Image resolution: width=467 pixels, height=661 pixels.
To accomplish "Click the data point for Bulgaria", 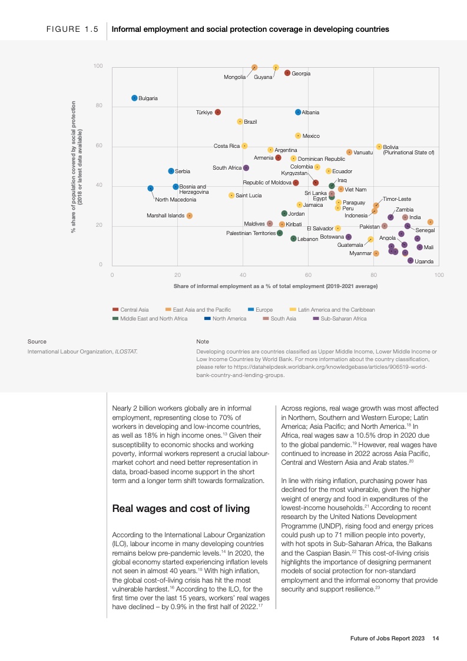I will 134,98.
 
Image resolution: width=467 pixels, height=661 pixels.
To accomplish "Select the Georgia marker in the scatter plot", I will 287,73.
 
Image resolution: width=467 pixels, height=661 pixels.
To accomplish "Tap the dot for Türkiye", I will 218,112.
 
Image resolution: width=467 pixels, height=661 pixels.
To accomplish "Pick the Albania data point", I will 298,112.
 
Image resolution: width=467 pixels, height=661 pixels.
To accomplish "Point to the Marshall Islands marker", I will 190,216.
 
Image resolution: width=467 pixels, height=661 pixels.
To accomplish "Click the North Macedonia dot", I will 150,189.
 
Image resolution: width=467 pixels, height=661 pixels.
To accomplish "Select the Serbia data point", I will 171,171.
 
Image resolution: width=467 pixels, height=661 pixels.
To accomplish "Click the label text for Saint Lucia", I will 249,196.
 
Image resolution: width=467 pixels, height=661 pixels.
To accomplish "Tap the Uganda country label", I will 424,261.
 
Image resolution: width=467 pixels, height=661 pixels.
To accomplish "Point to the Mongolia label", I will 234,77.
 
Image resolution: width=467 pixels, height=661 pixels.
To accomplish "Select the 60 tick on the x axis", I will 308,275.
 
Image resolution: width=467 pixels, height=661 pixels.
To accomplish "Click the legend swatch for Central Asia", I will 115,309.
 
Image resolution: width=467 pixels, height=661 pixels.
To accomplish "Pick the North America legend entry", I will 229,319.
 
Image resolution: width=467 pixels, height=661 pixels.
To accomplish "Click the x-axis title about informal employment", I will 276,286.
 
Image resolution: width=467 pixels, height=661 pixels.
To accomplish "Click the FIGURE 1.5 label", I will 72,29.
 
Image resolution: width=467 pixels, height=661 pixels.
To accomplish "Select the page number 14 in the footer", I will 436,638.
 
